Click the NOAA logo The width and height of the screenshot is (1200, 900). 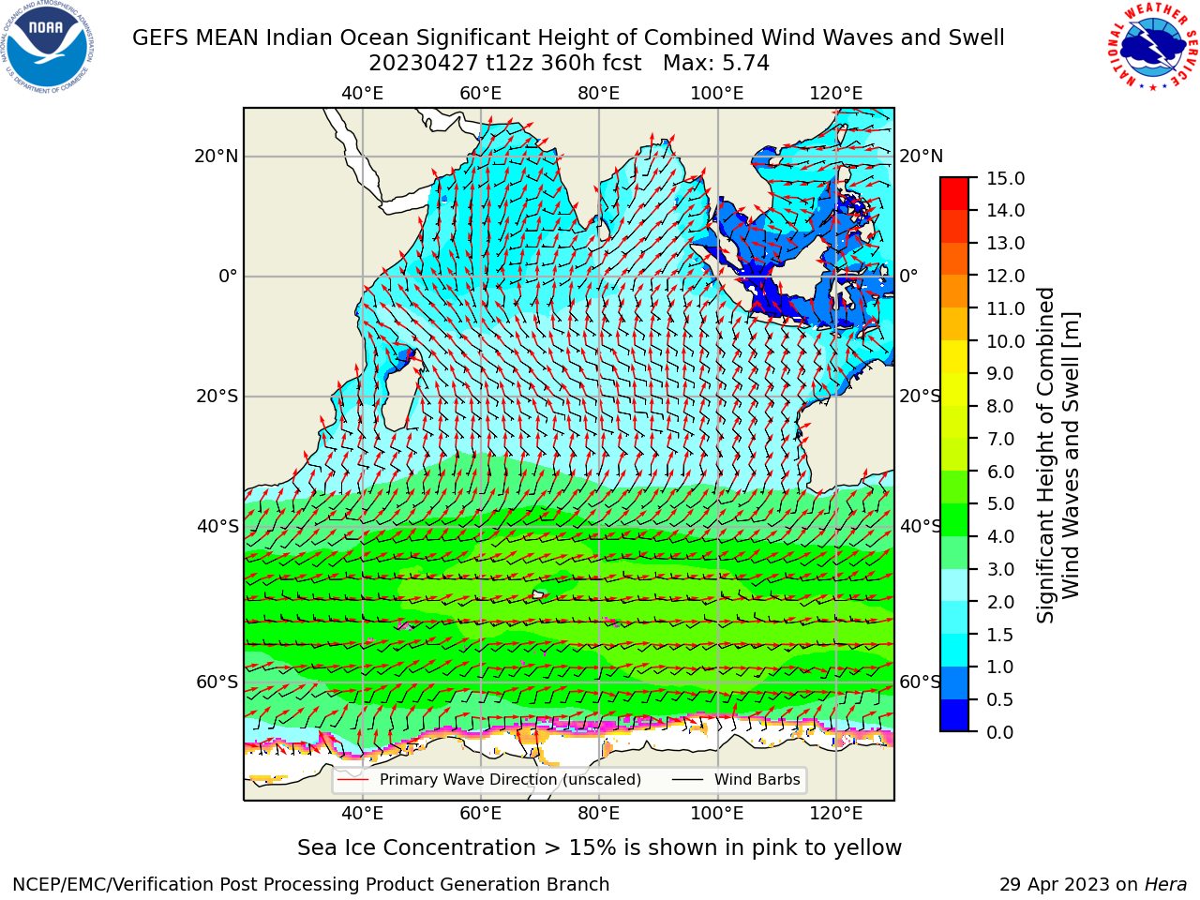(x=48, y=47)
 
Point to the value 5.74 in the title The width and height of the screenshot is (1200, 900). (x=743, y=64)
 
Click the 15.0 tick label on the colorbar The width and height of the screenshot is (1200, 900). (x=1005, y=179)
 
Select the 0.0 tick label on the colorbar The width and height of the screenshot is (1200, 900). (x=999, y=732)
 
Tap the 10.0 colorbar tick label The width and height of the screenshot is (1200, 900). (x=1005, y=341)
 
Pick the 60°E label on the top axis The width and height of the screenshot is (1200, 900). (x=481, y=94)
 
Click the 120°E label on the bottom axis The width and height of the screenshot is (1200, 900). (x=836, y=814)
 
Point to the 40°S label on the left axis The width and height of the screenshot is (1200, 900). (x=217, y=527)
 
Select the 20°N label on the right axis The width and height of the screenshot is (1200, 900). (x=922, y=157)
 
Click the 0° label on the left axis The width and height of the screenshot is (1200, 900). (x=228, y=277)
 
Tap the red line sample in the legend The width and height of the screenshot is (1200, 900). (x=353, y=780)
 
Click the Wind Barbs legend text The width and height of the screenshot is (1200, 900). (x=757, y=780)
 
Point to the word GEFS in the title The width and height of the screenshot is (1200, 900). (x=160, y=38)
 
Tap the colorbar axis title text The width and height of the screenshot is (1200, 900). (x=1057, y=456)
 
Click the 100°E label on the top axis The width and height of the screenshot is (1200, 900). (x=717, y=94)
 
